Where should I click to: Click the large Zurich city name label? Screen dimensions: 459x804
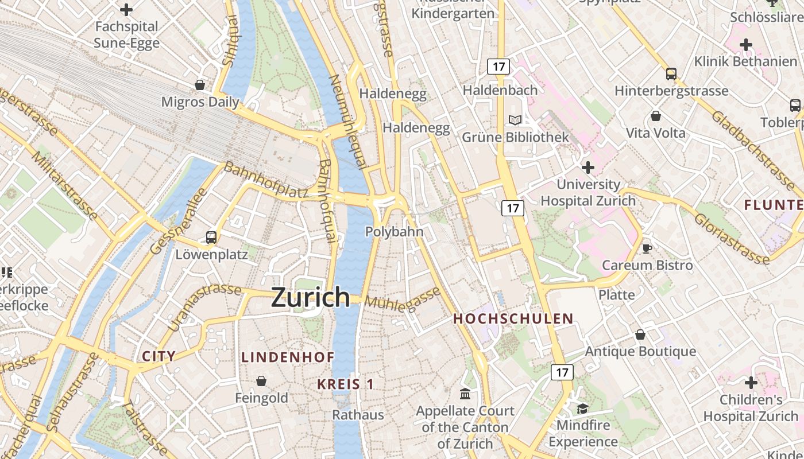pyautogui.click(x=310, y=297)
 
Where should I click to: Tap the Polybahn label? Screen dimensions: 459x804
pyautogui.click(x=395, y=232)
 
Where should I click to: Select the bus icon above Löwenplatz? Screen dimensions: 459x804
pyautogui.click(x=211, y=237)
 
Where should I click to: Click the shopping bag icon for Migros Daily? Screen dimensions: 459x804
pyautogui.click(x=200, y=85)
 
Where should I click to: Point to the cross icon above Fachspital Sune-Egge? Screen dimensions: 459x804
pyautogui.click(x=126, y=9)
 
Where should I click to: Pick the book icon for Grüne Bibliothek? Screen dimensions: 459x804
pyautogui.click(x=515, y=120)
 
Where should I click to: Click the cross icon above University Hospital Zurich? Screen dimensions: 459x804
pyautogui.click(x=588, y=168)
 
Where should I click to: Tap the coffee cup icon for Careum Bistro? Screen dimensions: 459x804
pyautogui.click(x=647, y=248)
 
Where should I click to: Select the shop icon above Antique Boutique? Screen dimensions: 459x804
pyautogui.click(x=640, y=334)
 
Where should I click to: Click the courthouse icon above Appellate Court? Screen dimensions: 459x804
pyautogui.click(x=465, y=394)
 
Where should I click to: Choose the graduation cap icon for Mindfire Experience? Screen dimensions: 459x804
pyautogui.click(x=582, y=409)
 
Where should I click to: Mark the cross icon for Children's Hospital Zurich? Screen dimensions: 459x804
pyautogui.click(x=751, y=382)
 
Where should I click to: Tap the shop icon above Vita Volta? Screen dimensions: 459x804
pyautogui.click(x=655, y=116)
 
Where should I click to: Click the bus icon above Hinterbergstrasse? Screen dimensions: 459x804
pyautogui.click(x=671, y=73)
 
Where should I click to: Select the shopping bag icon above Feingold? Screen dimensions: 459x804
pyautogui.click(x=261, y=380)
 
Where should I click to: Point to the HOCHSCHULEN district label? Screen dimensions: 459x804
pyautogui.click(x=513, y=319)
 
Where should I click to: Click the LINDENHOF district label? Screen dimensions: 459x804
pyautogui.click(x=288, y=357)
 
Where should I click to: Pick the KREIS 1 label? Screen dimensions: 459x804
pyautogui.click(x=346, y=384)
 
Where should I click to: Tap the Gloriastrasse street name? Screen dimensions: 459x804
pyautogui.click(x=731, y=239)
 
